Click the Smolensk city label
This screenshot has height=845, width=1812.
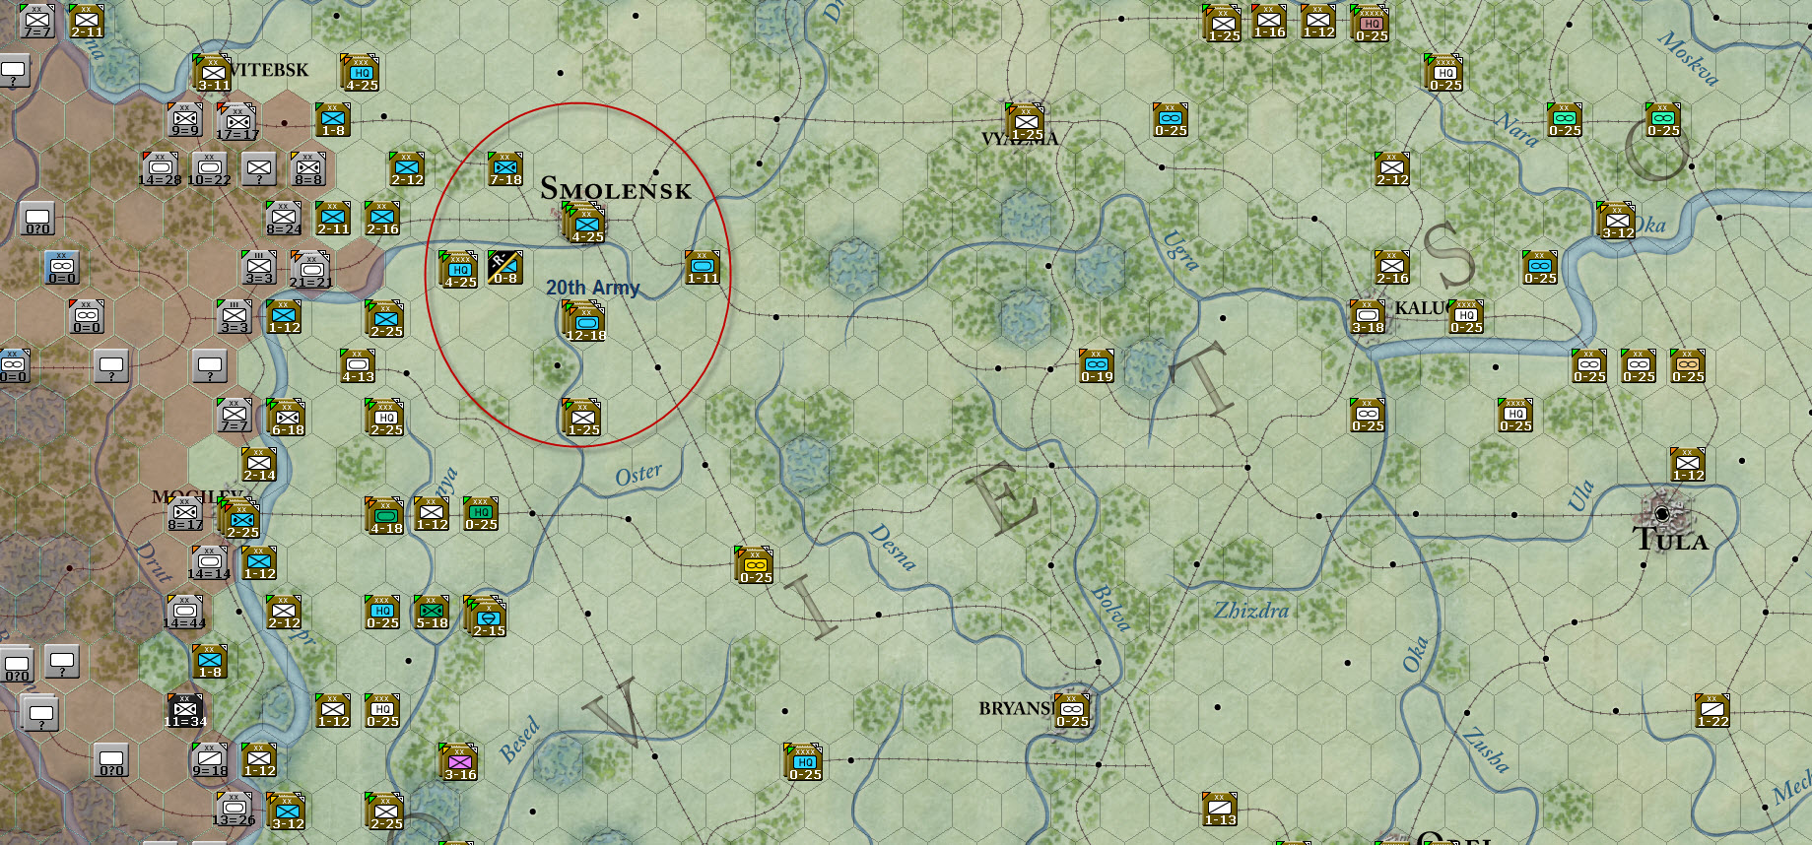616,188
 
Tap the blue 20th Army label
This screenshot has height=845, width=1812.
592,288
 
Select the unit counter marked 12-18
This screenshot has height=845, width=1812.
585,322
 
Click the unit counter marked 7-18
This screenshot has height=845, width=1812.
505,169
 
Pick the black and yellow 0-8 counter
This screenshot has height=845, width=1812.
504,267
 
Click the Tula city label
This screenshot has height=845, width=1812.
1670,540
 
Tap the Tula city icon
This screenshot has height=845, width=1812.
1663,513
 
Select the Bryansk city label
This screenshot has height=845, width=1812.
1015,708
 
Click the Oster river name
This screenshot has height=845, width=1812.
638,475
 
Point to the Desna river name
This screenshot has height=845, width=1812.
893,547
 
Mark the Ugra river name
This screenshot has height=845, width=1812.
1180,249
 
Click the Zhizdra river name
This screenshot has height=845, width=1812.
1251,611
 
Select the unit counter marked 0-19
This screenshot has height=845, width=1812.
1097,365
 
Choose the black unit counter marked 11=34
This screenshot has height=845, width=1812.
185,710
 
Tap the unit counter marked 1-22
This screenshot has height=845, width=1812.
1712,710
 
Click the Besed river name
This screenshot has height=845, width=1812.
519,740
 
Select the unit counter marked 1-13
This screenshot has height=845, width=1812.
1220,809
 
